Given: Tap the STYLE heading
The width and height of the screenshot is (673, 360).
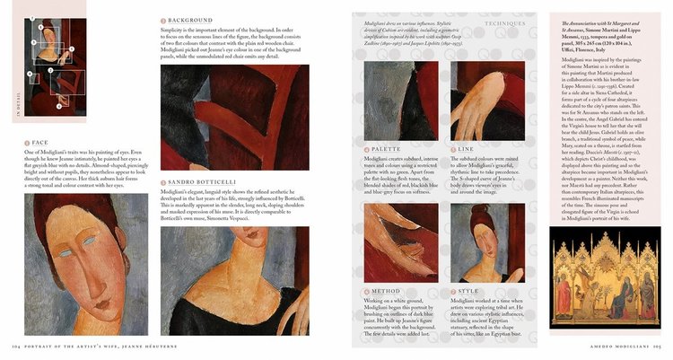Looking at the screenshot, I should click(x=470, y=292).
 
